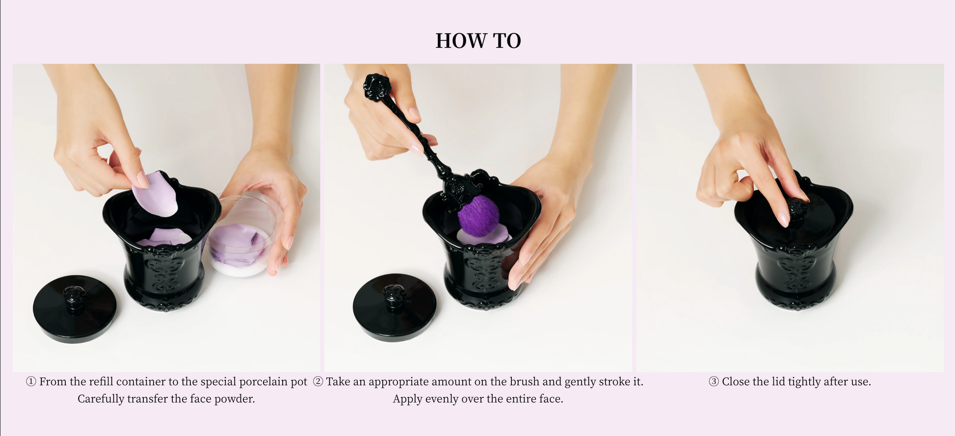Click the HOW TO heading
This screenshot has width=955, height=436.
pos(478,41)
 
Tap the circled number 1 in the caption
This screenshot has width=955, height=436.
pos(31,382)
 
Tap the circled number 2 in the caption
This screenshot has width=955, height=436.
pos(318,382)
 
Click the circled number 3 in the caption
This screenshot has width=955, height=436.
pos(714,382)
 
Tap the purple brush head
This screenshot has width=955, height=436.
pos(478,215)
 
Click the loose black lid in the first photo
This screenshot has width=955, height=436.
pos(75,309)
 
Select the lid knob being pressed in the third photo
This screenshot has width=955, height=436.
pos(796,208)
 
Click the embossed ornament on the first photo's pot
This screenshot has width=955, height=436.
pos(165,270)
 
